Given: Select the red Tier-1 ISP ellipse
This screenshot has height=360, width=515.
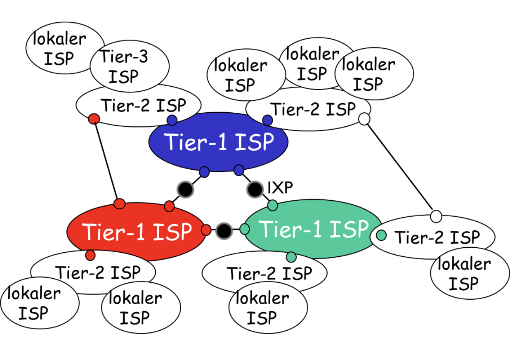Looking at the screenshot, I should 136,231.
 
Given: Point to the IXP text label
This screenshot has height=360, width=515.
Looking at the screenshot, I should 280,188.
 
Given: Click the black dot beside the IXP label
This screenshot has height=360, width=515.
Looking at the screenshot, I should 255,189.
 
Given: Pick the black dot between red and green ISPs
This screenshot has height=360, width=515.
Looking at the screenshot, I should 224,230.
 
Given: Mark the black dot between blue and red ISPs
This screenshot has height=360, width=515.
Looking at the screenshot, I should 185,189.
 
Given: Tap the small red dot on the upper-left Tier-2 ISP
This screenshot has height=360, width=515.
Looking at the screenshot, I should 94,119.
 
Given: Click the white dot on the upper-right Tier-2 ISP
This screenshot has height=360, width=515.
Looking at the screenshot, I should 364,119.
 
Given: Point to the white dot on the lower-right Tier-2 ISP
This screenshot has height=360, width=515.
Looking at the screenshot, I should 436,216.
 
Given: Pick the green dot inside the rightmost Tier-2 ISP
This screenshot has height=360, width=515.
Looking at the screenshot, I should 381,235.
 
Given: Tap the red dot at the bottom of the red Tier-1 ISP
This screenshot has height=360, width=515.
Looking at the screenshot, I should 90,255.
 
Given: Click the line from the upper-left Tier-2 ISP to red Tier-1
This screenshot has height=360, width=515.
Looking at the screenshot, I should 107,161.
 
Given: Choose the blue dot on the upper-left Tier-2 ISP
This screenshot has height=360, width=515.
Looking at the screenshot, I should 172,120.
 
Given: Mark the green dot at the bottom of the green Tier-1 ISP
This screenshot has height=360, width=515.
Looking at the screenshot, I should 291,257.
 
